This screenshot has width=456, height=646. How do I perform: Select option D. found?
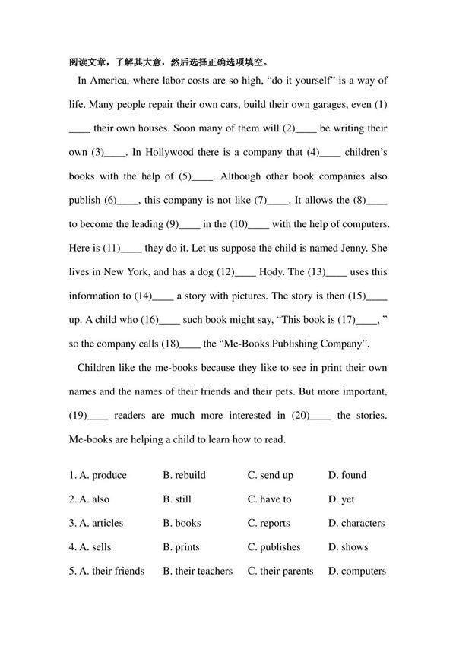347,475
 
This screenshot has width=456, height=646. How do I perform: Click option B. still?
177,499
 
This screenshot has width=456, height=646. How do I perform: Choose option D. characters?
356,523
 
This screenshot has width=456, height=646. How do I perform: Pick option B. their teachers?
198,571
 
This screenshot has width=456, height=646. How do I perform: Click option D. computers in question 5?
357,571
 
